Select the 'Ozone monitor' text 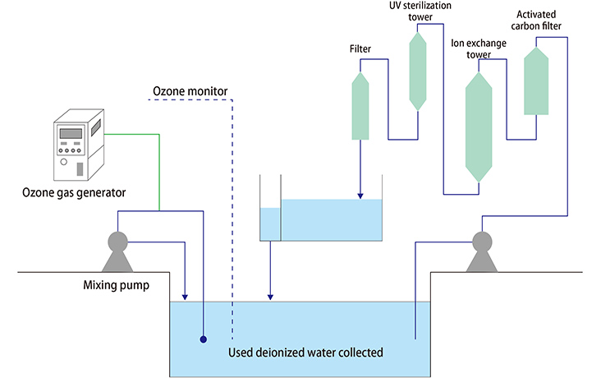pos(190,90)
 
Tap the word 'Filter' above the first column pos(360,49)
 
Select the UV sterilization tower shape pos(419,70)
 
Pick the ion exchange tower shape pos(478,127)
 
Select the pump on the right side pos(482,251)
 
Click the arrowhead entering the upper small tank pos(360,196)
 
